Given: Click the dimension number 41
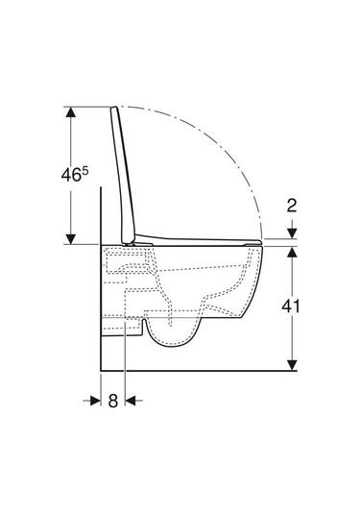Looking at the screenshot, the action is pyautogui.click(x=291, y=306).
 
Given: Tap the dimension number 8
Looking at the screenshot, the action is pyautogui.click(x=113, y=401).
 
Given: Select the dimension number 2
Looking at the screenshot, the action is pyautogui.click(x=292, y=206).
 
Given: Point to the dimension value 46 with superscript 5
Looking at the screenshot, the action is pyautogui.click(x=75, y=174).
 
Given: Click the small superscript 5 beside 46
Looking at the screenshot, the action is pyautogui.click(x=85, y=170).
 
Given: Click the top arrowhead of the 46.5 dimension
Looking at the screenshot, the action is pyautogui.click(x=70, y=112).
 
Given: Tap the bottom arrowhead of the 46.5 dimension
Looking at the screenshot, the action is pyautogui.click(x=70, y=239).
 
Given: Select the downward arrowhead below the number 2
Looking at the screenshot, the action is pyautogui.click(x=292, y=233).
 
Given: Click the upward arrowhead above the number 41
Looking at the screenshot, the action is pyautogui.click(x=292, y=252).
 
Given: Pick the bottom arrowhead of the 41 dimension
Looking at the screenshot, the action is pyautogui.click(x=292, y=365).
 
